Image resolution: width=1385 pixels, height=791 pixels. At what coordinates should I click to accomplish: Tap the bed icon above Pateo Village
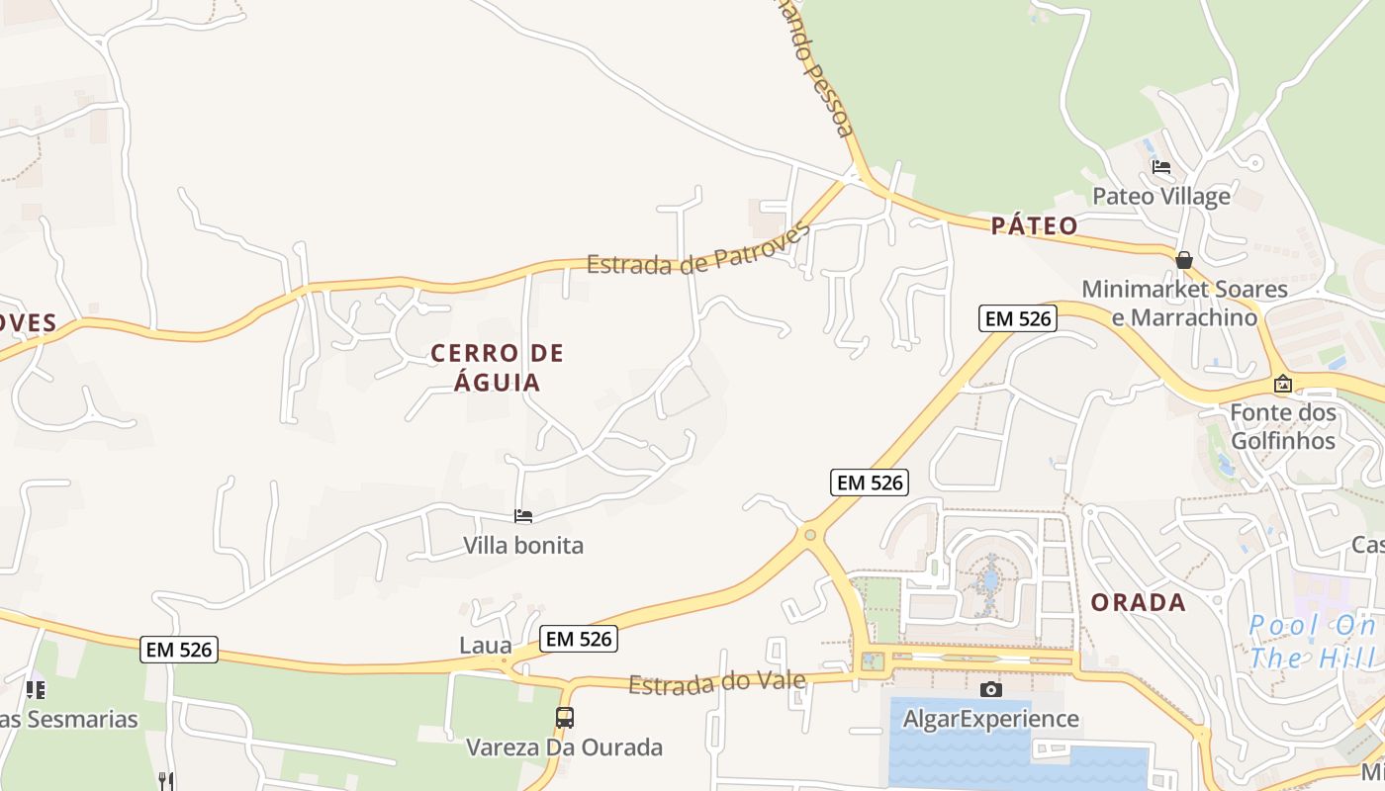tap(1160, 166)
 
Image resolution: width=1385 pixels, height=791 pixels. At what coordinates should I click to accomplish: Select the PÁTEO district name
tap(1034, 225)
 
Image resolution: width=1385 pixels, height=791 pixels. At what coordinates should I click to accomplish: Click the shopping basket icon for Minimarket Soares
tap(1183, 260)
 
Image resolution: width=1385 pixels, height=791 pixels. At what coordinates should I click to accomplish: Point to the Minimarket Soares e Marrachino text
tap(1184, 304)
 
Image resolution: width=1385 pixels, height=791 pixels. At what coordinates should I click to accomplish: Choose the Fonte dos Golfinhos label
tap(1282, 426)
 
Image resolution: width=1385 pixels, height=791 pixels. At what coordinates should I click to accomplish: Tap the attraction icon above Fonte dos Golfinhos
tap(1282, 384)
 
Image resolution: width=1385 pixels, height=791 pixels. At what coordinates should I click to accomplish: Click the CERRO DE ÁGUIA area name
tap(497, 368)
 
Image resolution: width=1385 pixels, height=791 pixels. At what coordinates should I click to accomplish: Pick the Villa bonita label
tap(523, 545)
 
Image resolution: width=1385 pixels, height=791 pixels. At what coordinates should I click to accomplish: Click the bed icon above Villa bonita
tap(523, 516)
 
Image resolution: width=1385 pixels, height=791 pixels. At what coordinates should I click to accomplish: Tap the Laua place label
tap(486, 646)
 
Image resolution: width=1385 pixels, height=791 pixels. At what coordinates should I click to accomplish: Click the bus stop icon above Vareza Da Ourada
tap(564, 718)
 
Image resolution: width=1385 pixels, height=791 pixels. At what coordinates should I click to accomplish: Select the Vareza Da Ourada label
tap(564, 747)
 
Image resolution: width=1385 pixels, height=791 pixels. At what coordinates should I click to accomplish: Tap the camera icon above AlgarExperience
tap(990, 689)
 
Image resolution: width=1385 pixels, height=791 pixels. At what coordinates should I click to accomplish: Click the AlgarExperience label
tap(990, 719)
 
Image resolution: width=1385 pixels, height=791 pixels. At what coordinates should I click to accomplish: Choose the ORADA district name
tap(1138, 602)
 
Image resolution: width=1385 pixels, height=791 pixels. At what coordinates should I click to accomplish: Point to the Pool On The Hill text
tap(1313, 641)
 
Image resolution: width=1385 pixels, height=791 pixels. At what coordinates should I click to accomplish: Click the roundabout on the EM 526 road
tap(810, 535)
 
